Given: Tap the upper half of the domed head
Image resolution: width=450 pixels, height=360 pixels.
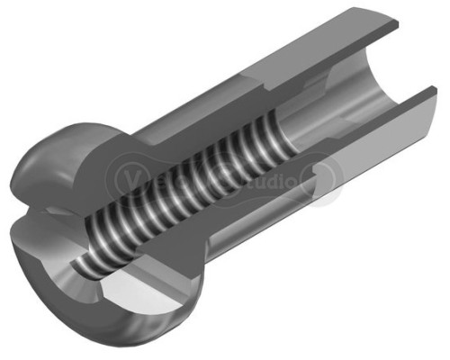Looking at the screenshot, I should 63,162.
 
